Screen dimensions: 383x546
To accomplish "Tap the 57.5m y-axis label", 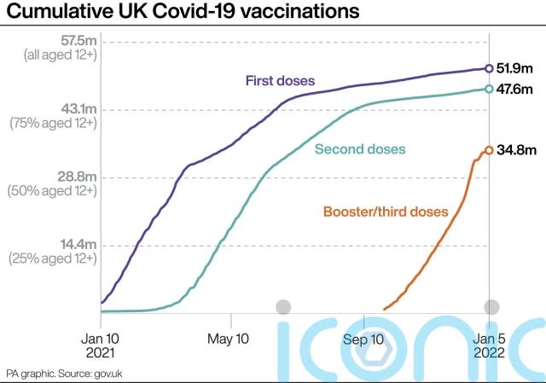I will [74, 41].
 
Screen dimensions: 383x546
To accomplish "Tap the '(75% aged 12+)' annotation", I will [53, 124].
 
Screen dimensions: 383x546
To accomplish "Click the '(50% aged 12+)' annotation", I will [53, 191].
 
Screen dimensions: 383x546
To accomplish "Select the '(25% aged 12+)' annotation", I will [53, 258].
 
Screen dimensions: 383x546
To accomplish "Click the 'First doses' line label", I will [281, 81].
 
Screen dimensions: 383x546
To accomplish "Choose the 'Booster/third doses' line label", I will [385, 211].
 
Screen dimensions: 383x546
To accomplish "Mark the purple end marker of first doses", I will [489, 68].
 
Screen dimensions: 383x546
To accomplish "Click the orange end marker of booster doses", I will [489, 150].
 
